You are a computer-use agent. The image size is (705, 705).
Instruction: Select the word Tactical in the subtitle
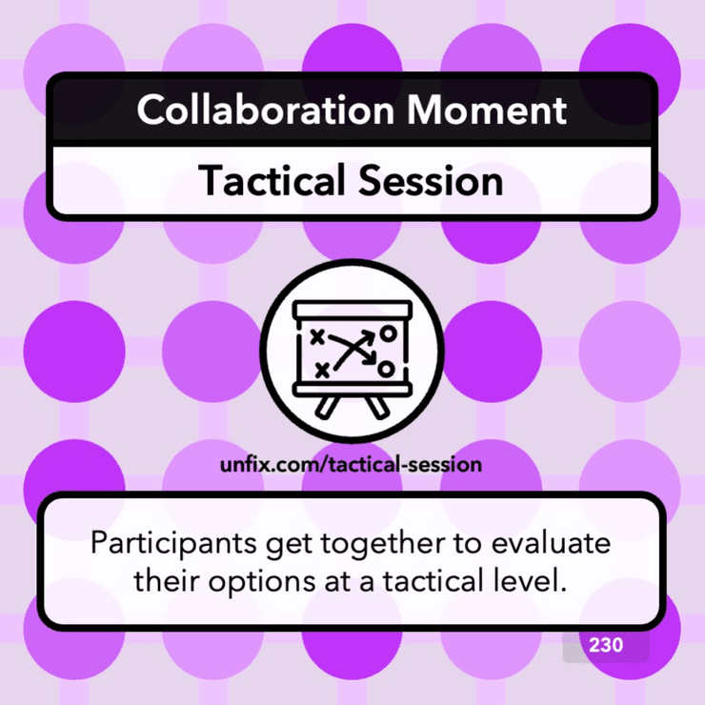click(x=264, y=181)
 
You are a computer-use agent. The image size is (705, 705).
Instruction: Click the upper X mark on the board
click(x=317, y=336)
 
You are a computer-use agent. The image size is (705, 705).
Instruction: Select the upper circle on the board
click(x=387, y=333)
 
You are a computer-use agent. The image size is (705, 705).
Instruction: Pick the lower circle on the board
click(x=386, y=367)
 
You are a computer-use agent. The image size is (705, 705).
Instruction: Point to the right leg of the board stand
click(x=380, y=406)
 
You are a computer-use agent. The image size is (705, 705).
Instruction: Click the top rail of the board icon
click(x=353, y=309)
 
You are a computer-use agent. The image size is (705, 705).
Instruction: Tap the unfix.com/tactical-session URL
click(x=352, y=466)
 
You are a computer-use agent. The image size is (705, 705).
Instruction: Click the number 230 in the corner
click(x=606, y=645)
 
